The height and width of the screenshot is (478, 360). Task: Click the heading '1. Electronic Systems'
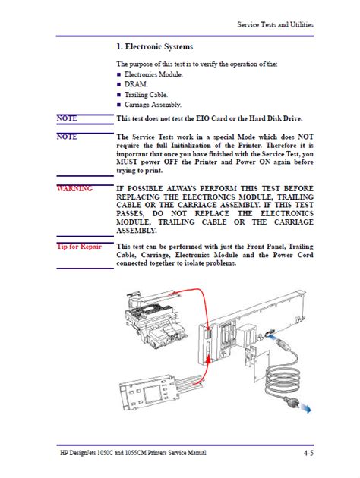pos(155,46)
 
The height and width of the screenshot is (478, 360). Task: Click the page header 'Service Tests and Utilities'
pos(275,25)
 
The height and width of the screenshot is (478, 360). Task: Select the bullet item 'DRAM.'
pos(136,84)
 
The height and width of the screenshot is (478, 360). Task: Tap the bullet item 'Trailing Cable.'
pos(146,95)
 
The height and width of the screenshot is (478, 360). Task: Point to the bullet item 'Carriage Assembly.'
pos(153,105)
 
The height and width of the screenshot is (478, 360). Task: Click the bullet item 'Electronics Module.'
pos(153,74)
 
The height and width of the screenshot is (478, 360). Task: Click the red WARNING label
pos(74,188)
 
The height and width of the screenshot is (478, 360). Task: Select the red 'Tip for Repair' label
pos(79,247)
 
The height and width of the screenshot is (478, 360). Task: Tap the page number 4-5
pos(308,453)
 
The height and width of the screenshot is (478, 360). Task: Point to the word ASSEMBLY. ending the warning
pos(137,231)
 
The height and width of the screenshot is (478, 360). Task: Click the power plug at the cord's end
pos(289,402)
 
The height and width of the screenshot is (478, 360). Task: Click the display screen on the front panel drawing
pos(153,395)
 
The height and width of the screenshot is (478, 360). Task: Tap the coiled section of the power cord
pos(280,380)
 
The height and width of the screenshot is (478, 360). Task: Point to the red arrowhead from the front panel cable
pos(208,360)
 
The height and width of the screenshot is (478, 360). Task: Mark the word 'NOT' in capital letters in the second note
pos(305,137)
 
